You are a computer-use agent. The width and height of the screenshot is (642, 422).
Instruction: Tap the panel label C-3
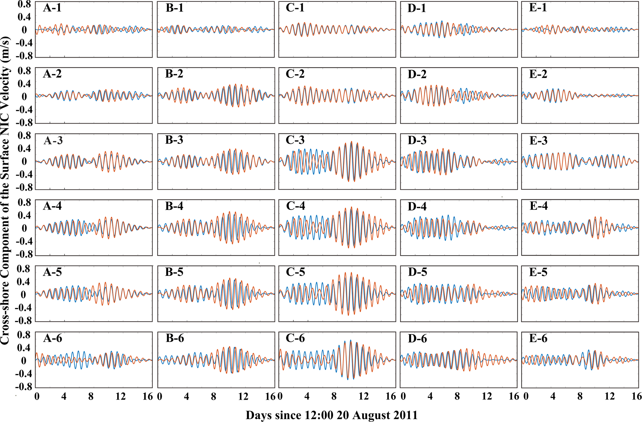point(295,140)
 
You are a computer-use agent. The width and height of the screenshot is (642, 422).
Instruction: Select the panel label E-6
point(538,338)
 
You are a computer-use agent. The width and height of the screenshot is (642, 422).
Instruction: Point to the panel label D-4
point(417,206)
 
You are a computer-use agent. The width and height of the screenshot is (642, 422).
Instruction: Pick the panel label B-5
point(174,272)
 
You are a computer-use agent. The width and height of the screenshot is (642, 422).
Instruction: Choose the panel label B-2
point(174,74)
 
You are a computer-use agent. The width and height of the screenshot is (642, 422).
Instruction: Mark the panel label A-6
point(52,338)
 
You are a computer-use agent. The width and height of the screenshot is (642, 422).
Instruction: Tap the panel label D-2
point(417,74)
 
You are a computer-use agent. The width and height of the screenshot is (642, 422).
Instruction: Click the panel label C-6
point(295,338)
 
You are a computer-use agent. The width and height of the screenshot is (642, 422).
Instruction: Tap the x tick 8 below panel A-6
point(91,396)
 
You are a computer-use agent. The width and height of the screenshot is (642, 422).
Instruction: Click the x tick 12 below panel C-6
point(363,396)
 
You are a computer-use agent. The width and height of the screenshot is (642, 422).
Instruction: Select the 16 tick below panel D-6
point(514,396)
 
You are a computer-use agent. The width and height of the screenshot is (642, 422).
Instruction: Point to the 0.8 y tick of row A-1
point(24,4)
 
